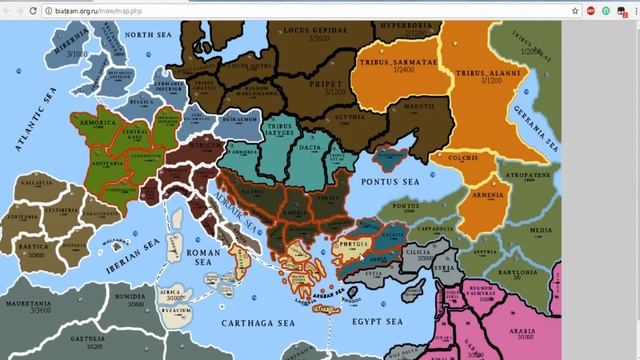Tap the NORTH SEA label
click(165, 32)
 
